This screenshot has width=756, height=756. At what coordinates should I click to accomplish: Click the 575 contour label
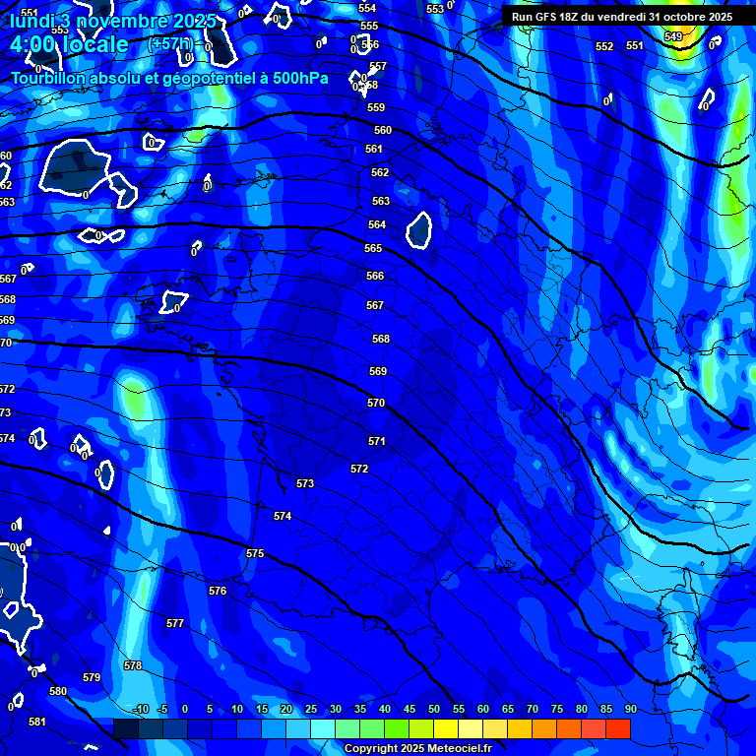click(x=255, y=554)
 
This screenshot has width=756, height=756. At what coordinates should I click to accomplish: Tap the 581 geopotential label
click(x=36, y=722)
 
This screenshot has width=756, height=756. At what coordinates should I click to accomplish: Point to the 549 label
click(x=672, y=36)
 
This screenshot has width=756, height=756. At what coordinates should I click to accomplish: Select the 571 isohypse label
click(x=376, y=441)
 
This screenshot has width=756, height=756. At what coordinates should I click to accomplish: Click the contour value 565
click(x=374, y=249)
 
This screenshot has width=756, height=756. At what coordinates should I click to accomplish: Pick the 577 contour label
click(x=175, y=623)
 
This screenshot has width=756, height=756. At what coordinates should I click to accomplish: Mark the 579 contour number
click(x=92, y=677)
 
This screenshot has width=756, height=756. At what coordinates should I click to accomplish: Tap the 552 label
click(x=604, y=46)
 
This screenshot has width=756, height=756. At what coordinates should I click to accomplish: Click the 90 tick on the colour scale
click(x=630, y=710)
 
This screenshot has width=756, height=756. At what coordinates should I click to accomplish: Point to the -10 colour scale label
click(x=140, y=710)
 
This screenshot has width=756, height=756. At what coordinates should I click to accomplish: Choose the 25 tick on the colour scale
click(x=310, y=710)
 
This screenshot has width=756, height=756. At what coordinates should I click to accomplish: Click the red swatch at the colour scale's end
click(x=618, y=728)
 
